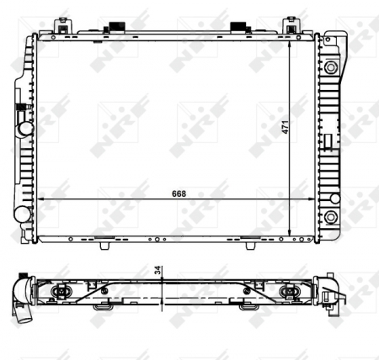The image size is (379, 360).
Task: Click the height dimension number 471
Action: coord(286,127)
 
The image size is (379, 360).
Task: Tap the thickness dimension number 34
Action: coord(157,271)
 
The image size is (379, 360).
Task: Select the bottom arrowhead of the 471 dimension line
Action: coord(291,234)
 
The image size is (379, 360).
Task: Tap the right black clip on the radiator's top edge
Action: coord(238,29)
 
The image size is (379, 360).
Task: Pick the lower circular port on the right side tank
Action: coord(334,199)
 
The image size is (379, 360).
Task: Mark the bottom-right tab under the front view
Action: coord(250,243)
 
